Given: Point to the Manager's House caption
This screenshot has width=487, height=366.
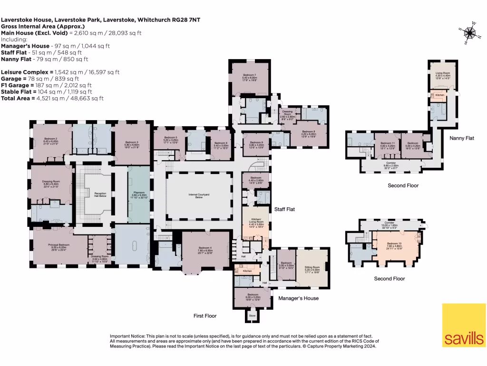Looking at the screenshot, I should tap(298, 298).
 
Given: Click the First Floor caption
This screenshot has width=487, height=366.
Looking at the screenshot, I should tap(205, 316).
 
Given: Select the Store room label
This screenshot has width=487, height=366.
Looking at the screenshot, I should tap(252, 315).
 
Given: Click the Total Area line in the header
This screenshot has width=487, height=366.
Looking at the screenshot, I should tap(52, 98).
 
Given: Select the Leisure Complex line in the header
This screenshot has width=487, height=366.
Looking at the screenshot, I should tap(60, 72).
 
